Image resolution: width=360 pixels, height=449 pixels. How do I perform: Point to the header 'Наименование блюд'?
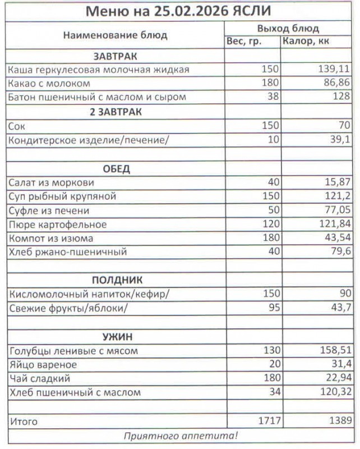115,35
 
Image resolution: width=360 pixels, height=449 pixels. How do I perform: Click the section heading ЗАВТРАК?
115,56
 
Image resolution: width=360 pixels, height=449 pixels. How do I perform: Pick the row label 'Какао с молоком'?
49,84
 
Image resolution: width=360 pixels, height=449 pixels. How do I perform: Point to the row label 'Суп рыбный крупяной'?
62,196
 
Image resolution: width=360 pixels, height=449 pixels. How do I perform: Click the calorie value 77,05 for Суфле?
337,210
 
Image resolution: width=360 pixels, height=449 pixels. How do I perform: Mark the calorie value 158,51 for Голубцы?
334,351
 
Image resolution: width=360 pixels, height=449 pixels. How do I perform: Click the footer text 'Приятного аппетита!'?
181,436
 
